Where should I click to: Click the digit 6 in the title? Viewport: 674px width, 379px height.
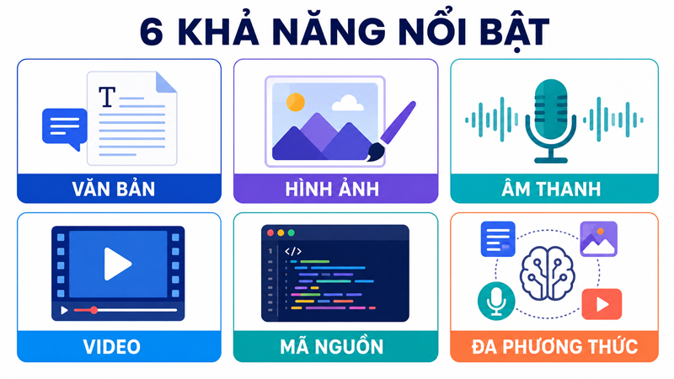(x=152, y=33)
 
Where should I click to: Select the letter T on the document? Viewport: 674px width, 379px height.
(x=107, y=97)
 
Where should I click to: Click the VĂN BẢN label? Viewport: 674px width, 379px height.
(x=114, y=189)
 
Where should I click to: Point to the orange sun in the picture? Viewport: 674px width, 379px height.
(x=296, y=102)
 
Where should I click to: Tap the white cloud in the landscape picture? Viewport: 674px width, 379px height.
(x=347, y=103)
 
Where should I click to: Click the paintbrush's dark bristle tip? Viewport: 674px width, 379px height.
(x=375, y=152)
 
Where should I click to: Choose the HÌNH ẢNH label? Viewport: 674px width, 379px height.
(x=332, y=189)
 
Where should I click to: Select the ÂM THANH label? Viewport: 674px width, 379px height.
(x=551, y=189)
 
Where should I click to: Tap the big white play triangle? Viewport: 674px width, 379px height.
(x=117, y=264)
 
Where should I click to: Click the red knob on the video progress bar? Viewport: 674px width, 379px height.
(x=94, y=310)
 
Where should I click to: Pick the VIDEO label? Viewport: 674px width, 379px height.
(x=112, y=347)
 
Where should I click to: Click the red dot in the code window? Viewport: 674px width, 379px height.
(x=270, y=233)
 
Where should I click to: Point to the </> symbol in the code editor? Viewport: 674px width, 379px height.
(x=293, y=251)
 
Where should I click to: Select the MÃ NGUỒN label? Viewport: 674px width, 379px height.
(x=332, y=346)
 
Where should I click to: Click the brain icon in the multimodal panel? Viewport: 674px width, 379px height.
(x=547, y=273)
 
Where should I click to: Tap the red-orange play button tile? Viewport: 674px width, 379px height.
(x=602, y=304)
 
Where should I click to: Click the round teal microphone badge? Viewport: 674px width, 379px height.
(x=496, y=302)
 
